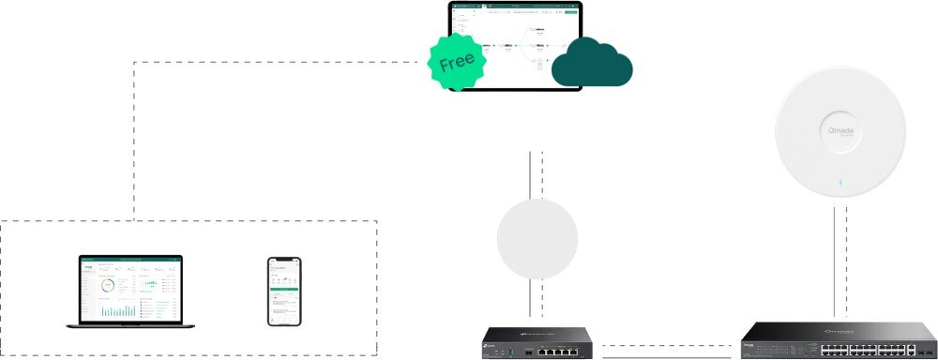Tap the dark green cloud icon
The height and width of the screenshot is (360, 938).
click(x=592, y=63)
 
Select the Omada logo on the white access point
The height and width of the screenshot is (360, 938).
click(x=840, y=131)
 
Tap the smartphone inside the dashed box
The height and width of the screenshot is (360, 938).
click(x=284, y=291)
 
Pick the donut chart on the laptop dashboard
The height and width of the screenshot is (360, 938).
click(x=108, y=285)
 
